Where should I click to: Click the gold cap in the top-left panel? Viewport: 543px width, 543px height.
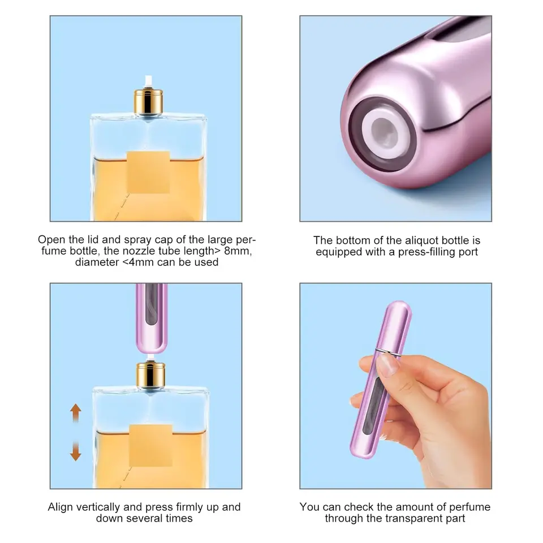click(x=149, y=102)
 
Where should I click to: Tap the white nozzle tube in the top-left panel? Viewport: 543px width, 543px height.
click(x=149, y=81)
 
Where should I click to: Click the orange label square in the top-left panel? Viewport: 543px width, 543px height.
click(x=148, y=172)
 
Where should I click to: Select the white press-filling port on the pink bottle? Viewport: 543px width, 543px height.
click(x=384, y=132)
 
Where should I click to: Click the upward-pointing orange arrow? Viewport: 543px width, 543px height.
click(x=75, y=413)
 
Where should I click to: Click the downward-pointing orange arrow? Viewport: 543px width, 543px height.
click(x=75, y=451)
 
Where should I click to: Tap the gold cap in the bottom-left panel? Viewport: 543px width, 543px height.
click(x=150, y=374)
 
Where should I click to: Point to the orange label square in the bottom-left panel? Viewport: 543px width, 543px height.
click(x=150, y=445)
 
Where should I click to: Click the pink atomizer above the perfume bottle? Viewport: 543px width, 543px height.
click(x=152, y=318)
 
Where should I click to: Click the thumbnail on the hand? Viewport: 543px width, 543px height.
click(x=387, y=365)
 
